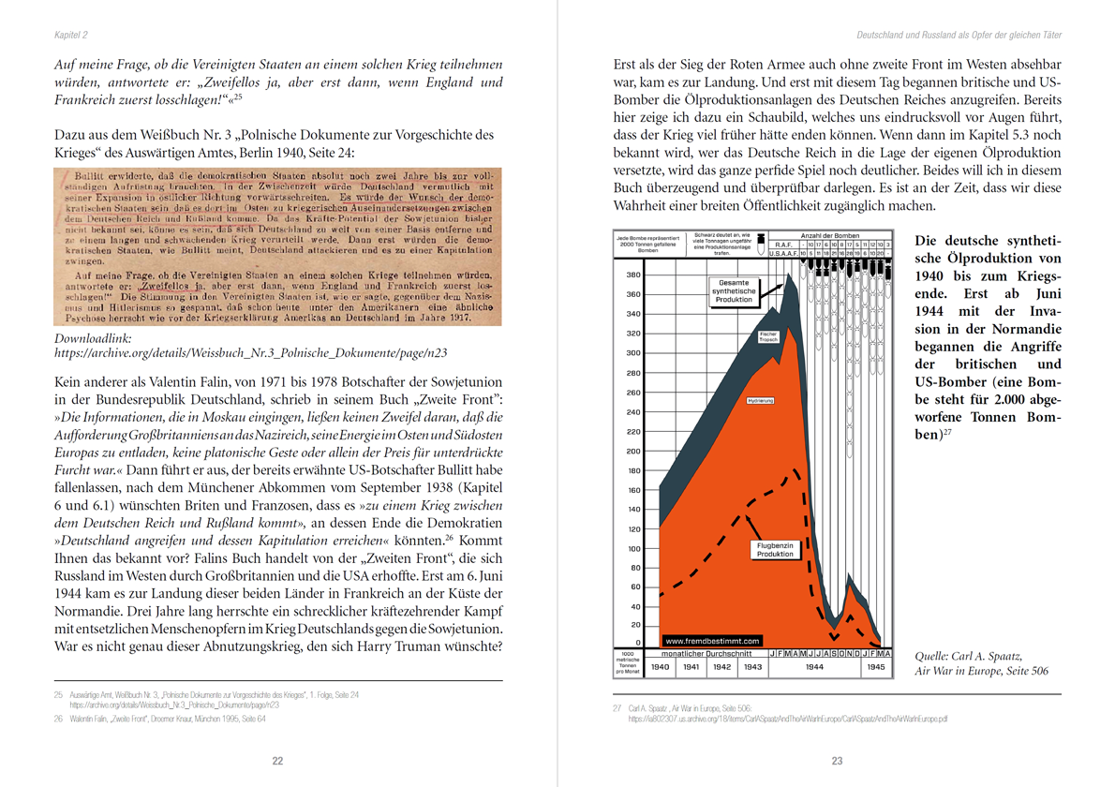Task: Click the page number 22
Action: [277, 761]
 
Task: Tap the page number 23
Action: [837, 761]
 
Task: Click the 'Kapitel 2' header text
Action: [70, 36]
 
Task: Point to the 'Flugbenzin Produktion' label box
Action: [775, 548]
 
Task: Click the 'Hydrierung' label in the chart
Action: [760, 401]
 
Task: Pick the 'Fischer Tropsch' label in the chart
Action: [767, 336]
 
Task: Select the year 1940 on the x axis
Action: [660, 667]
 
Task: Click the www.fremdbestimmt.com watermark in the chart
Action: [713, 641]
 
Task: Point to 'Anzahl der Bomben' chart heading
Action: [828, 235]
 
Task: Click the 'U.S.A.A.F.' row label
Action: [781, 253]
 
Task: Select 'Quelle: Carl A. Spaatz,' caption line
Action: [968, 656]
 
